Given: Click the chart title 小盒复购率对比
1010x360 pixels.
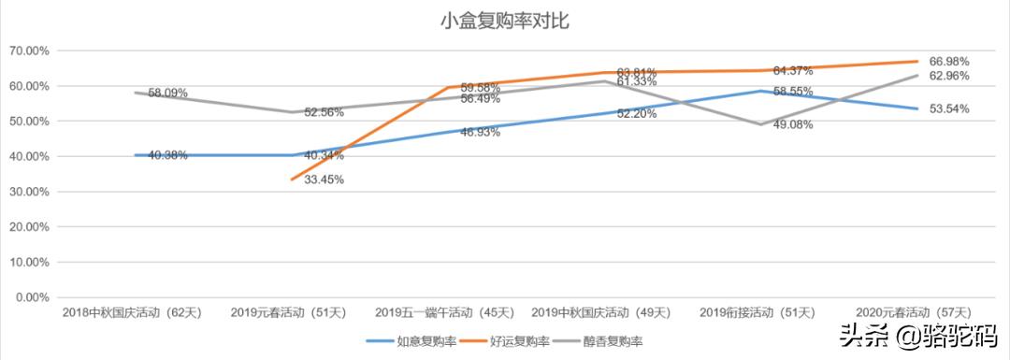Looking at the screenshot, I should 504,20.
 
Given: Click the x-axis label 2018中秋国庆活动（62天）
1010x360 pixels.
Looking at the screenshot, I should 129,311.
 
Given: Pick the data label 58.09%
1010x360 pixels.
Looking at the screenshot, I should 168,94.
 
